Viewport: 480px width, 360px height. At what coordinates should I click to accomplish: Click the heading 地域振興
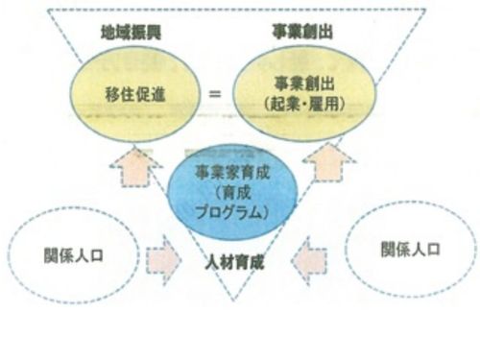[x=131, y=33]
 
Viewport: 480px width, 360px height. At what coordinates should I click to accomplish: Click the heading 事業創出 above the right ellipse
[x=302, y=32]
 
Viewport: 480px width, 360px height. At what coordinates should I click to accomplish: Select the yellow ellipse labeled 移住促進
[x=134, y=94]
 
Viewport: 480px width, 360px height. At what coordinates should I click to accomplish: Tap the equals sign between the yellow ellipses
[x=215, y=94]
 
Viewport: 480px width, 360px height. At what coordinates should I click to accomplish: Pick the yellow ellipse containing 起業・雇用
[x=304, y=93]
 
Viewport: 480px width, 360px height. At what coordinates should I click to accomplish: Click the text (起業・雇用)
[x=304, y=104]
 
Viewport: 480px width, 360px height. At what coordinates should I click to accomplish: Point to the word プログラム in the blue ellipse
[x=229, y=212]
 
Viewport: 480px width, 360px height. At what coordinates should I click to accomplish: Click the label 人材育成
[x=234, y=262]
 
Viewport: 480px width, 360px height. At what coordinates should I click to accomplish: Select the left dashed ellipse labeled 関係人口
[x=74, y=255]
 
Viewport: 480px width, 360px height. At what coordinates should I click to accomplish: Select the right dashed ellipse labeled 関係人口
[x=411, y=250]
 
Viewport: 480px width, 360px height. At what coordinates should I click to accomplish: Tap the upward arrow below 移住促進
[x=135, y=166]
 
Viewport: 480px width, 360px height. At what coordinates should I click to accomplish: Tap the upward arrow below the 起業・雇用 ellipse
[x=329, y=163]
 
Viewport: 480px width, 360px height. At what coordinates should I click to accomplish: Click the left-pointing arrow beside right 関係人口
[x=309, y=260]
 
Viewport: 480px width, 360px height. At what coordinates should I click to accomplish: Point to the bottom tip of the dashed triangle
[x=233, y=300]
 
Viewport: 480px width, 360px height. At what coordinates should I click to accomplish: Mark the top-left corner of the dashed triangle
[x=48, y=11]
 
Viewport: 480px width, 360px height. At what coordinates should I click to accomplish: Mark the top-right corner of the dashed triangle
[x=425, y=10]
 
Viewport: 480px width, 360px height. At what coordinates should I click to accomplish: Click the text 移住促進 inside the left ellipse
[x=135, y=94]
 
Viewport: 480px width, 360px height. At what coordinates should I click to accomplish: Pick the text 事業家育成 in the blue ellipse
[x=232, y=173]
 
